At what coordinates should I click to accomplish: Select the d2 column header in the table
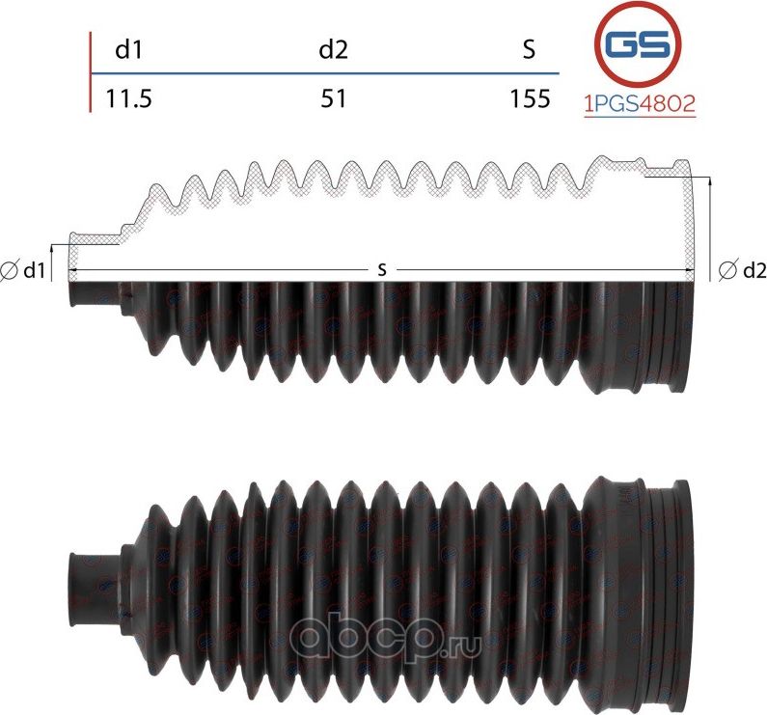pyautogui.click(x=333, y=50)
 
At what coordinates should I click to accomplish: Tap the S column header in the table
pyautogui.click(x=528, y=50)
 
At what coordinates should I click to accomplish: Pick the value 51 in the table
pyautogui.click(x=334, y=98)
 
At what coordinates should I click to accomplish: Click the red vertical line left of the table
pyautogui.click(x=91, y=72)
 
